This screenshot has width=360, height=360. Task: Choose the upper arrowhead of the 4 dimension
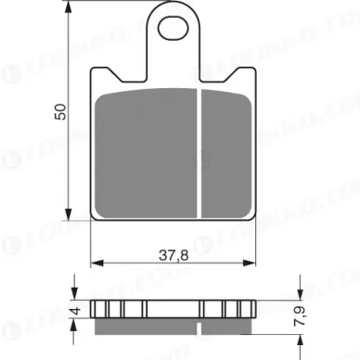coord(75,296)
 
